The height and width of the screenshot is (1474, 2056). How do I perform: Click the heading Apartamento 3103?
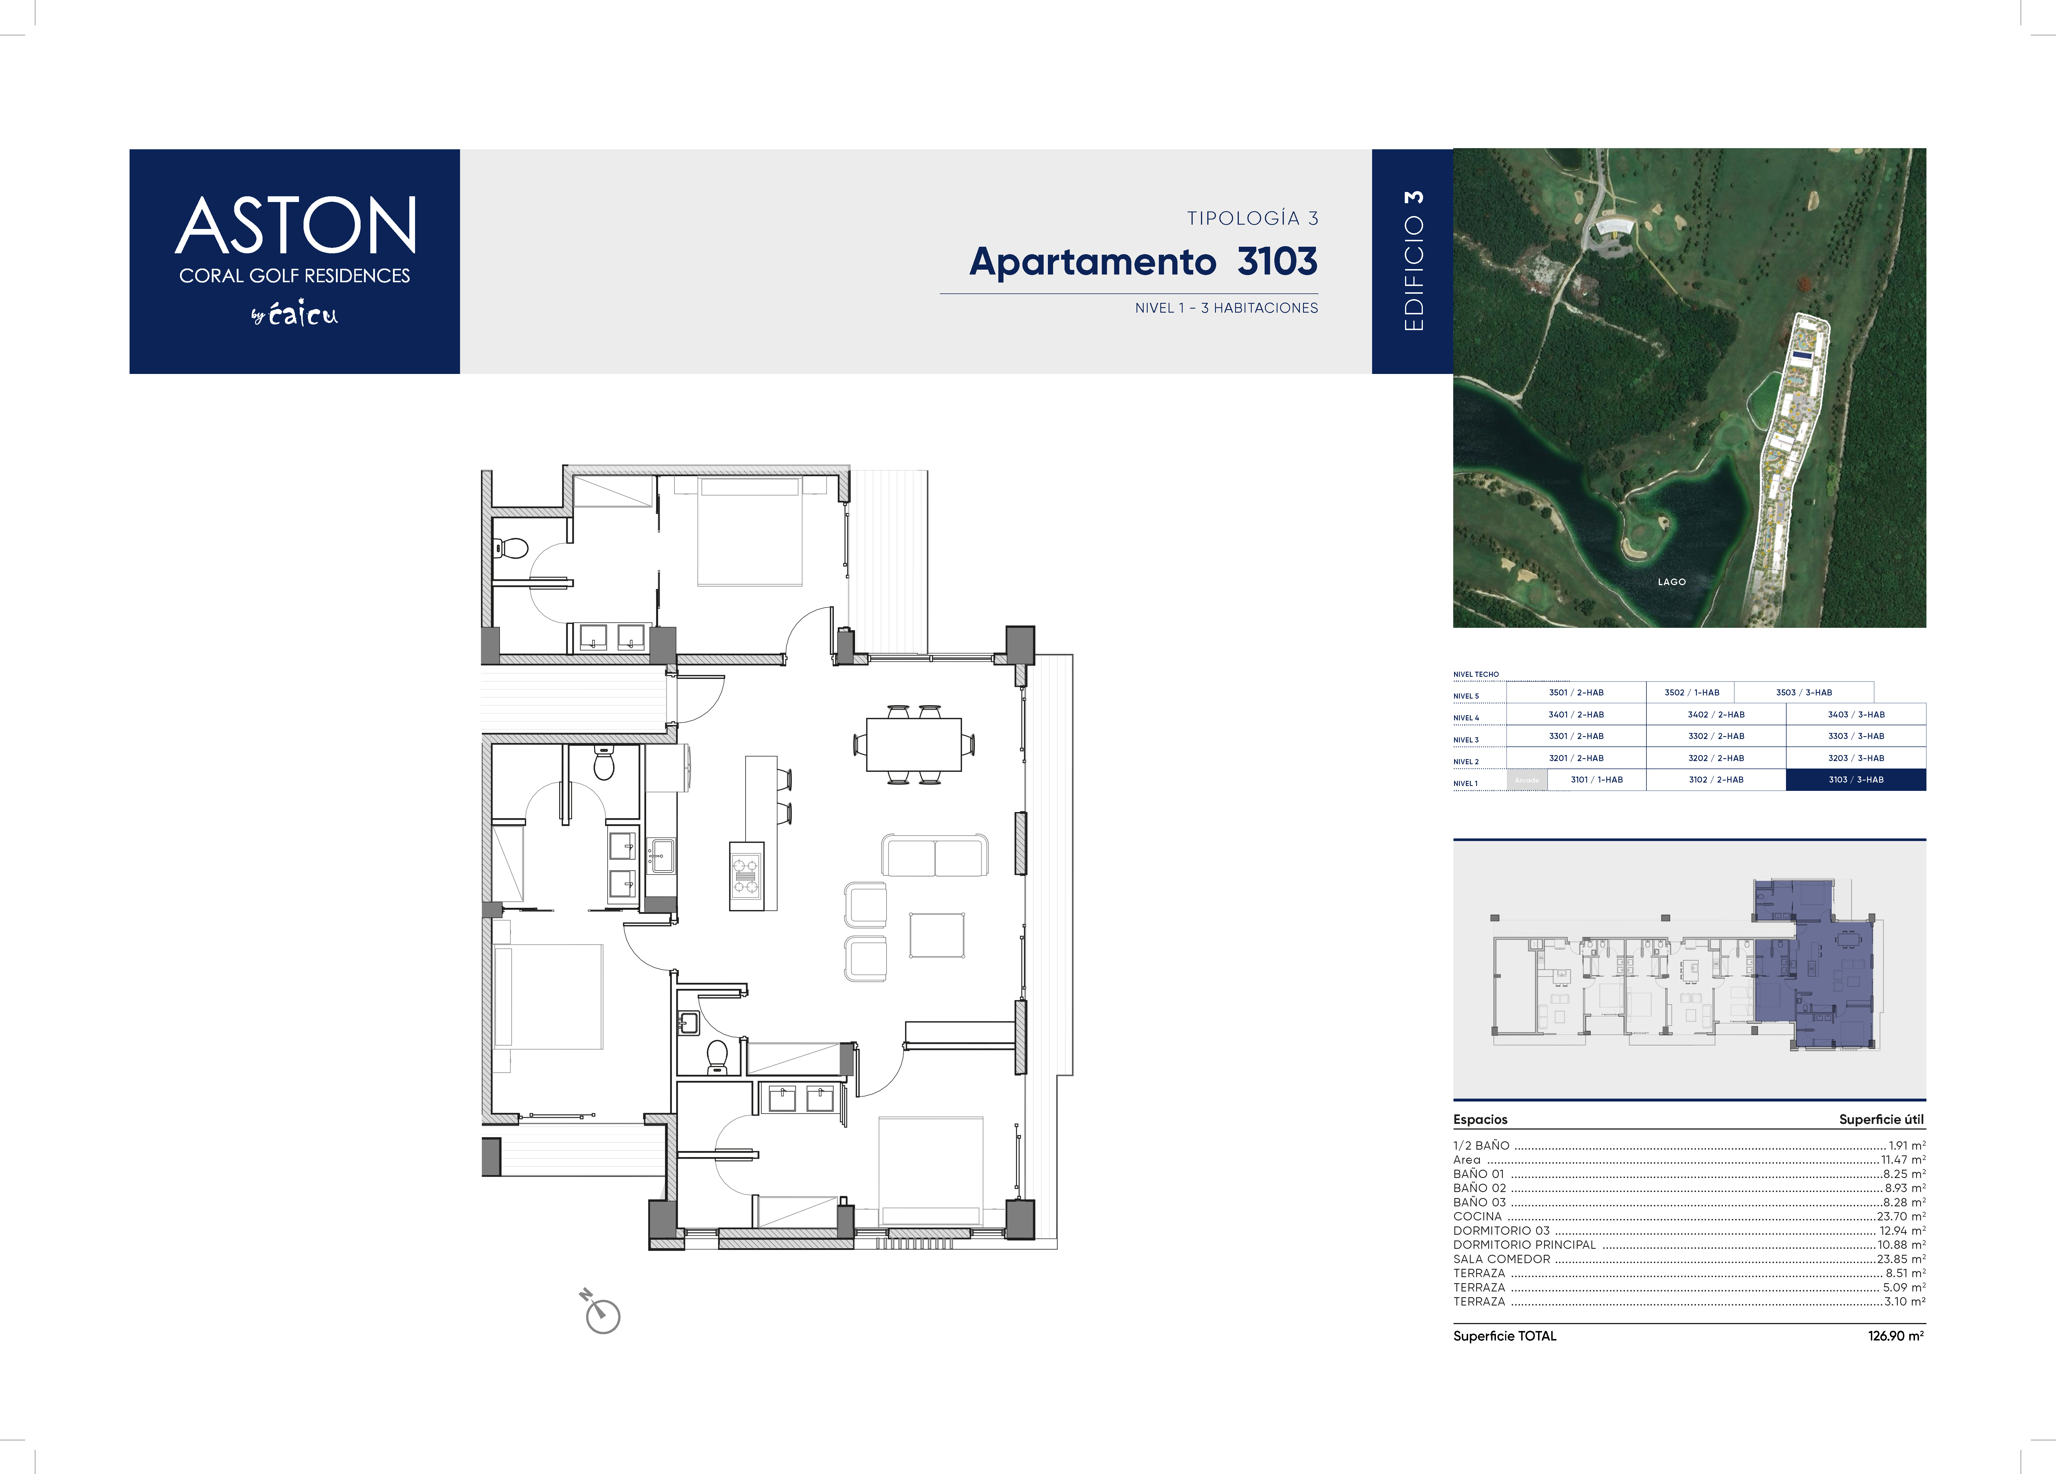(x=1143, y=262)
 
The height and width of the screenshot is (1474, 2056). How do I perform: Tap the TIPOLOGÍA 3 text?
(x=1252, y=218)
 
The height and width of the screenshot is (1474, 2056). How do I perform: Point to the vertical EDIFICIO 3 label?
(x=1413, y=261)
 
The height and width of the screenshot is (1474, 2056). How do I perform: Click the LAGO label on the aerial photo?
(x=1672, y=582)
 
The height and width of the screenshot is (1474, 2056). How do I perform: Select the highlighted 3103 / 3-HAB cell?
(x=1856, y=780)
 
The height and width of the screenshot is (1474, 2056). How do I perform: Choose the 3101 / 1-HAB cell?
(x=1597, y=780)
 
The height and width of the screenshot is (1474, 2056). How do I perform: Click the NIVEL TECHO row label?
(x=1476, y=675)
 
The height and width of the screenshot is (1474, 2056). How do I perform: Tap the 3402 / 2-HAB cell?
(x=1716, y=714)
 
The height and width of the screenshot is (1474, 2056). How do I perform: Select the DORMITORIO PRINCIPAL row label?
(x=1524, y=1245)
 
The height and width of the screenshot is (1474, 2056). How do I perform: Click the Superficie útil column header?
(x=1881, y=1120)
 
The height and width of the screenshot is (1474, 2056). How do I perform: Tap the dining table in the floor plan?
(x=914, y=744)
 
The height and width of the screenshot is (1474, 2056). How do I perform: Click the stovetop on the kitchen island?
(x=746, y=876)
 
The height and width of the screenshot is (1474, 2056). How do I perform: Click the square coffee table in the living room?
(x=937, y=936)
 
